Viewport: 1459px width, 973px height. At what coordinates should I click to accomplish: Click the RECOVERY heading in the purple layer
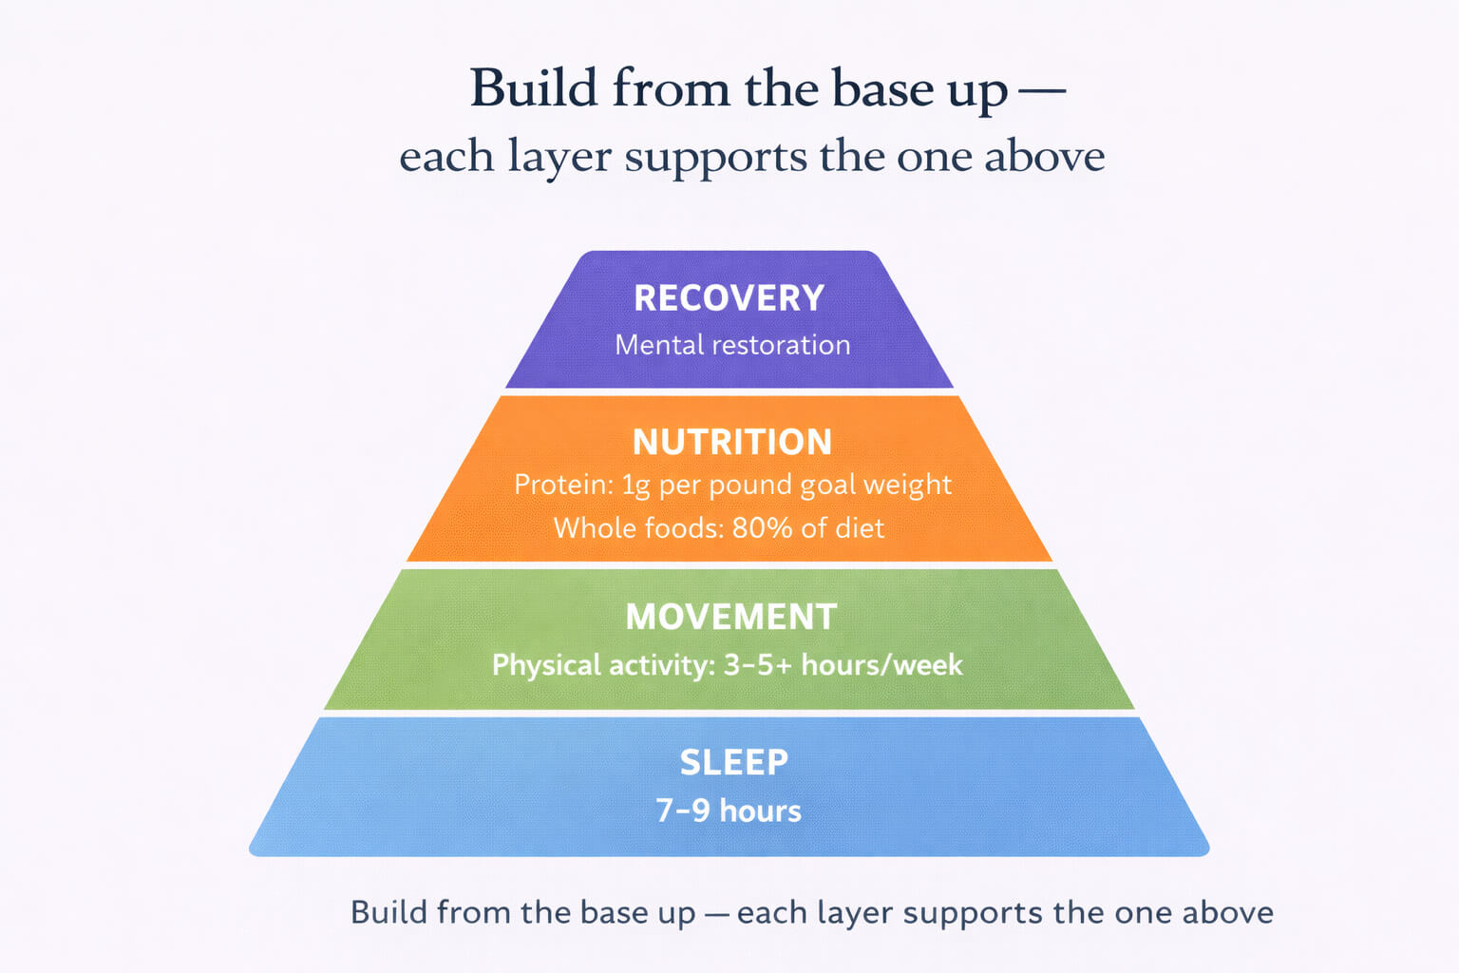tap(729, 298)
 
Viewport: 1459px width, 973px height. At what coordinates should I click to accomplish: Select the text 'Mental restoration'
tap(732, 345)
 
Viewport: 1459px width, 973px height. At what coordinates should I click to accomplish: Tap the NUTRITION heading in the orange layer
tap(731, 442)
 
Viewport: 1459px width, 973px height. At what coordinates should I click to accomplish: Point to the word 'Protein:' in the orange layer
tap(563, 485)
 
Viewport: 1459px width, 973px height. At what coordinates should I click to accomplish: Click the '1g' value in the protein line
tap(635, 486)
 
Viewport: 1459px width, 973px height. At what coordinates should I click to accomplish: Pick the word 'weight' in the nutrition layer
tap(907, 486)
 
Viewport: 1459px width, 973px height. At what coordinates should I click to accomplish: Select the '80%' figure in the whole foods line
tap(762, 528)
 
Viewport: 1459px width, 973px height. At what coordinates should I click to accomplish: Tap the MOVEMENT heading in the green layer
tap(730, 618)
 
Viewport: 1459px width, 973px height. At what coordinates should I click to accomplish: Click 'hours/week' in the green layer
tap(881, 665)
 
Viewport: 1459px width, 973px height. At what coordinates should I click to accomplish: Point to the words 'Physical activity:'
tap(603, 665)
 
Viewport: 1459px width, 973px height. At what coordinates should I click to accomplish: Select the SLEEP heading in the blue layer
tap(733, 762)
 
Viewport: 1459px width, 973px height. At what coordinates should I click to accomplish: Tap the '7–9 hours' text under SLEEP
tap(729, 811)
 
